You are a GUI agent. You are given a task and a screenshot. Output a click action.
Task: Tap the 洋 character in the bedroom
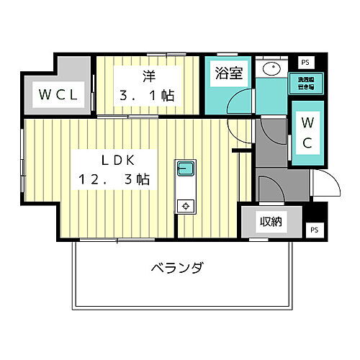pos(148,74)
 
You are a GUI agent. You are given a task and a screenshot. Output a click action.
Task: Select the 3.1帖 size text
pos(148,95)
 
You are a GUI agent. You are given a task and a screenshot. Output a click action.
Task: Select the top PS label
pos(305,62)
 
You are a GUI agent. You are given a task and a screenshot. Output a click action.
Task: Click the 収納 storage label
pos(271,222)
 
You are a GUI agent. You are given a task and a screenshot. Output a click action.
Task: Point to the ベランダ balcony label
pos(176,269)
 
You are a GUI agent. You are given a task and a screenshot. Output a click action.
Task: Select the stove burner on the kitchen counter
pos(185,206)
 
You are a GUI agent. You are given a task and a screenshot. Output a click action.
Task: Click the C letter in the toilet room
pos(306,142)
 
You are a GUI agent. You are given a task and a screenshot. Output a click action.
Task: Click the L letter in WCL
pos(81,94)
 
